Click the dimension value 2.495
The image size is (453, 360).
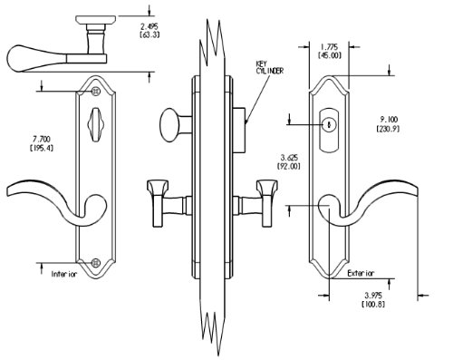click(149, 26)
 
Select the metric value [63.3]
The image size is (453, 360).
click(149, 34)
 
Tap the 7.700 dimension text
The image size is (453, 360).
click(42, 140)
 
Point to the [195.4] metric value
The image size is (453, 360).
click(42, 148)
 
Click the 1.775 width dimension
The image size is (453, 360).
click(329, 47)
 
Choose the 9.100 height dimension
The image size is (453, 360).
click(389, 120)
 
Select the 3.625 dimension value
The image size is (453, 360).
click(289, 158)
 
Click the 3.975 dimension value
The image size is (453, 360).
click(373, 296)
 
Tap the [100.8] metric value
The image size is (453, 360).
click(373, 304)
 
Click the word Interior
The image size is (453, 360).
click(64, 274)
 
